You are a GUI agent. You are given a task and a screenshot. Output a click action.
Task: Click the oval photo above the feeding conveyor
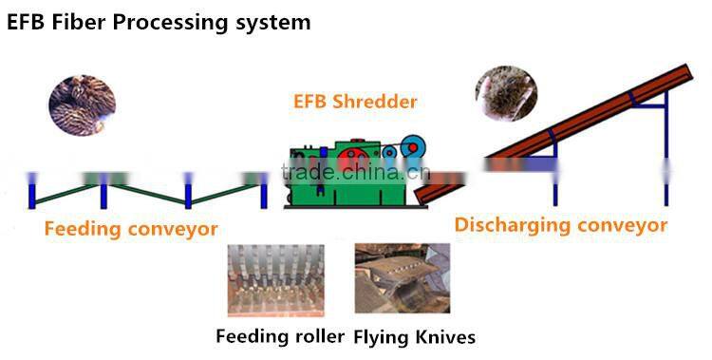pyautogui.click(x=82, y=104)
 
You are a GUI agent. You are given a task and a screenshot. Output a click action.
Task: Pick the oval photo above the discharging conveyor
pyautogui.click(x=506, y=93)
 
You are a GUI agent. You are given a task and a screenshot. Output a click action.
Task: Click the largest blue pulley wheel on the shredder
pyautogui.click(x=412, y=146)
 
